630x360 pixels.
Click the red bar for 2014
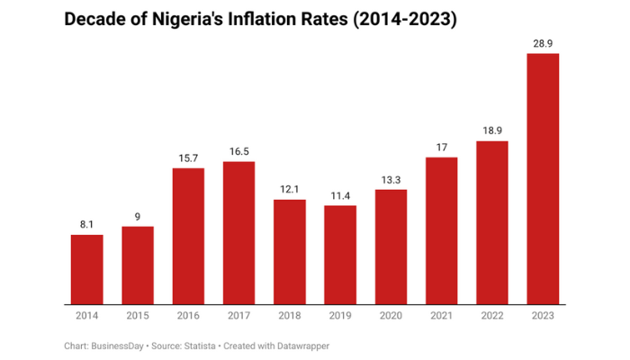point(87,269)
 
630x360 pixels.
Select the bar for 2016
point(188,236)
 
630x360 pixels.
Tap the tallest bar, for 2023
point(543,178)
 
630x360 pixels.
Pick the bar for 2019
point(340,255)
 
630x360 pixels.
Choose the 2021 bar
point(441,230)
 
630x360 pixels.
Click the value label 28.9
point(543,43)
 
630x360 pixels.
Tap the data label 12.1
point(289,190)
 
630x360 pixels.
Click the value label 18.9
point(491,131)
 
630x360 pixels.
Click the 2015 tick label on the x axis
point(138,315)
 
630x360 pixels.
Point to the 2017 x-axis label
point(238,315)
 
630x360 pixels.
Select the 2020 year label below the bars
point(391,315)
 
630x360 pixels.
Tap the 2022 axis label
point(491,315)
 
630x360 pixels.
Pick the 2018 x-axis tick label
point(289,315)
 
